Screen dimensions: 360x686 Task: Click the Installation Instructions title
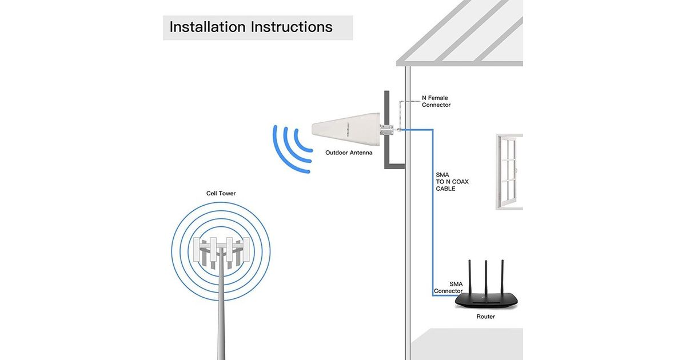251,27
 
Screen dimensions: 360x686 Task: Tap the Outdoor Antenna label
349,153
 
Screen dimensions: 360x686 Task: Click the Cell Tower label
221,194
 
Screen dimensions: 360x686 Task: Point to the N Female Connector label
436,102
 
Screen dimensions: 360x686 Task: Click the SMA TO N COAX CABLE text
452,182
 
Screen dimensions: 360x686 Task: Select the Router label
486,317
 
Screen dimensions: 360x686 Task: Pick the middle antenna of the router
485,274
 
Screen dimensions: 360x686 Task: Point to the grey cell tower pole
220,320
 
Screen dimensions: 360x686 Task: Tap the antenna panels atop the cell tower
221,251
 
